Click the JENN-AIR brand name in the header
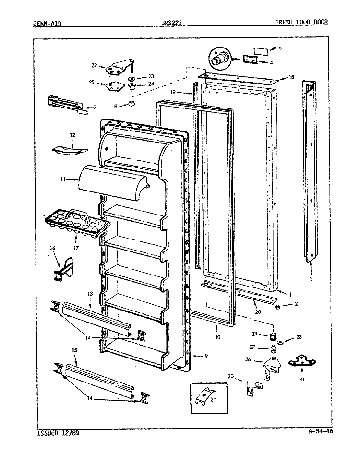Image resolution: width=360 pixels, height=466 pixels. (x=47, y=23)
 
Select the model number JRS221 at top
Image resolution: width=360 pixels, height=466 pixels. (x=171, y=23)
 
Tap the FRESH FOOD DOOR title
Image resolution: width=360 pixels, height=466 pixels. (x=301, y=22)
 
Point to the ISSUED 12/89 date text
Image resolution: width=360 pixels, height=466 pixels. (x=58, y=433)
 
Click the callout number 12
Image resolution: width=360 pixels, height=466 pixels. (x=72, y=135)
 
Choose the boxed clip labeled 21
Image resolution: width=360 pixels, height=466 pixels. (x=209, y=398)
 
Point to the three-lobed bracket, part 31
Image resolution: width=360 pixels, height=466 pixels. (x=302, y=361)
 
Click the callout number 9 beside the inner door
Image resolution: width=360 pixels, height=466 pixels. (x=206, y=356)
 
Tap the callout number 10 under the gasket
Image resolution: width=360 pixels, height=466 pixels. (x=218, y=337)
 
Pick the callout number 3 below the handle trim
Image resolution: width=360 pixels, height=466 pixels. (x=311, y=279)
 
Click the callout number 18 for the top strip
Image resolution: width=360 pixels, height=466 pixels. (x=291, y=77)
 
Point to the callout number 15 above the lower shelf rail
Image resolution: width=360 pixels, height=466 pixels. (x=74, y=350)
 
